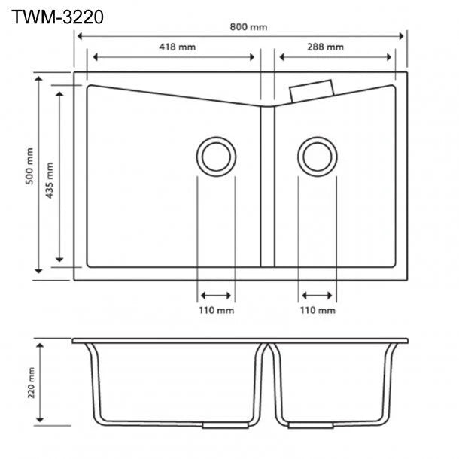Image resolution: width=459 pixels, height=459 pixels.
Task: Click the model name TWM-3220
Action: tap(57, 17)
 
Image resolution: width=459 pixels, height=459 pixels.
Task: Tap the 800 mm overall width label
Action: tap(248, 27)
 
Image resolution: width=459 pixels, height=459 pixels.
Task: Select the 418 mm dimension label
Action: tap(178, 47)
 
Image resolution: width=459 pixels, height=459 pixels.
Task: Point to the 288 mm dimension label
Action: tap(325, 47)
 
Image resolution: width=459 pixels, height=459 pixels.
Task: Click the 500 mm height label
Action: tap(29, 166)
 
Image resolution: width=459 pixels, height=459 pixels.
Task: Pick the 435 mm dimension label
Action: tap(50, 181)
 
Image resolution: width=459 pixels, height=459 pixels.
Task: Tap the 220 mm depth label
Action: tap(31, 382)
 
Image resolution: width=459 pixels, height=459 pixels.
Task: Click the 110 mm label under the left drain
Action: tap(217, 310)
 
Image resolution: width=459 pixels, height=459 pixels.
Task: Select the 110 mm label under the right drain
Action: tap(318, 310)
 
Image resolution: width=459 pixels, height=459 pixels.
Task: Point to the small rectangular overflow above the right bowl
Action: tap(312, 91)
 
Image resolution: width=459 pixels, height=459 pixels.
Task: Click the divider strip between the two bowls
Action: tap(268, 187)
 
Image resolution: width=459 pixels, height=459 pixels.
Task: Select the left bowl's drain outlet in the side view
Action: tap(226, 425)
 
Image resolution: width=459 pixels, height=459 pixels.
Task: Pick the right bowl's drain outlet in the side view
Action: tap(311, 425)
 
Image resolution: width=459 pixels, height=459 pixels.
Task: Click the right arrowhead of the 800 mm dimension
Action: tap(401, 36)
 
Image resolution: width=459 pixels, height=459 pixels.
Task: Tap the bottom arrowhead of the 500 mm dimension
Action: tap(38, 271)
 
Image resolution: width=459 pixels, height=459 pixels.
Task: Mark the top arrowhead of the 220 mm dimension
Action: tap(40, 346)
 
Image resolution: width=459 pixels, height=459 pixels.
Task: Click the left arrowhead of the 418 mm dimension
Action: tap(96, 57)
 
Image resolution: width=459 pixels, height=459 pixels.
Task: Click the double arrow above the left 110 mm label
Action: tap(216, 296)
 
